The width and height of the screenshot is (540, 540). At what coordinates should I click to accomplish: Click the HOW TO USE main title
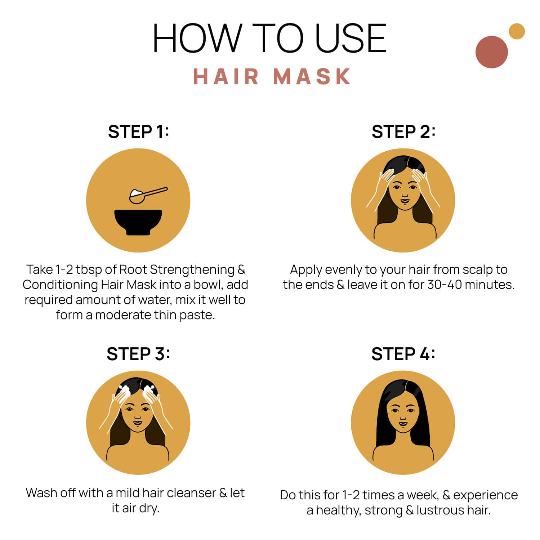coord(269,38)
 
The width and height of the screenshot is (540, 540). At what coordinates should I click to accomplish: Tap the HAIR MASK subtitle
coord(272,76)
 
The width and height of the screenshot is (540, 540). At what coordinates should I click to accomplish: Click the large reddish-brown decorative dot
coord(491,52)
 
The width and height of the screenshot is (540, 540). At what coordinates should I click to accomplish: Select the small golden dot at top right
coord(517,31)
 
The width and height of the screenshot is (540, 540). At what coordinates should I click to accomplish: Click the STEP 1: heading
coord(138,132)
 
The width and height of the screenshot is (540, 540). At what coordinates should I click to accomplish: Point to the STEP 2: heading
coord(403,132)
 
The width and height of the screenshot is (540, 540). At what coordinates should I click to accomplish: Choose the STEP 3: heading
coord(138,354)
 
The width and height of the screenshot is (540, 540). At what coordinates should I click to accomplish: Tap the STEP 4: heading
coord(403,354)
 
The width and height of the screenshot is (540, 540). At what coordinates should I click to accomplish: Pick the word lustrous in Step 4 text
coord(440,510)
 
